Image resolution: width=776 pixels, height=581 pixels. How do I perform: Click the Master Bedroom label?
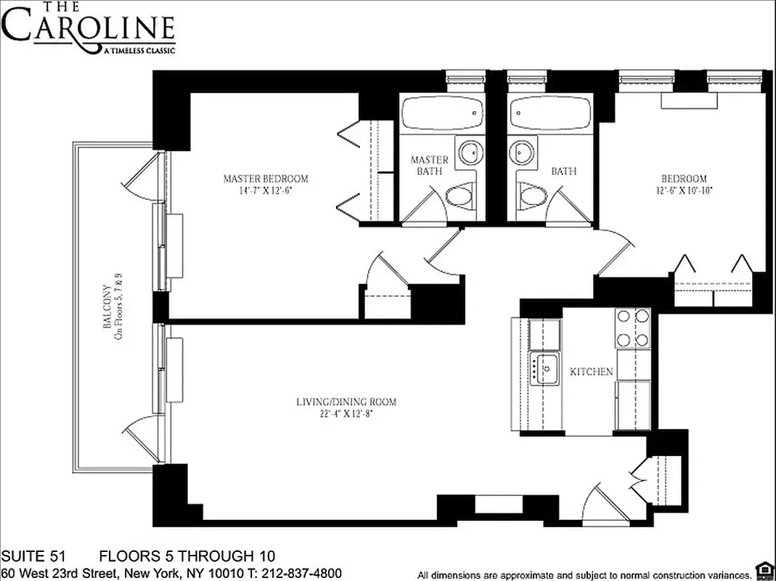pyautogui.click(x=265, y=179)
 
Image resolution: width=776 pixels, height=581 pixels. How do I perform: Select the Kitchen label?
pyautogui.click(x=591, y=372)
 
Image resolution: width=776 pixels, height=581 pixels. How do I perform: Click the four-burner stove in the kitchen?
pyautogui.click(x=632, y=328)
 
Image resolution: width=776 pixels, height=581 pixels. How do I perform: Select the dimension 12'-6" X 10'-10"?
pyautogui.click(x=684, y=191)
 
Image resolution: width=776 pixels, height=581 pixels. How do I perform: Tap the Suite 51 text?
pyautogui.click(x=33, y=557)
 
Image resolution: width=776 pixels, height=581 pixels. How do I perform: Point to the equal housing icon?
pyautogui.click(x=763, y=569)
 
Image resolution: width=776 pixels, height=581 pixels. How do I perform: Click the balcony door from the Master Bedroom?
pyautogui.click(x=142, y=175)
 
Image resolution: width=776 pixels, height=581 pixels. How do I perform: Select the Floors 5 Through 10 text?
pyautogui.click(x=187, y=557)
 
